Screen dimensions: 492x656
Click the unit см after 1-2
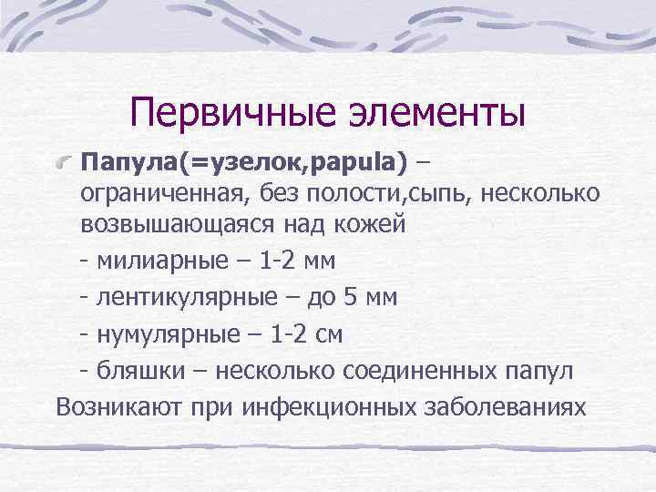pyautogui.click(x=327, y=334)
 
